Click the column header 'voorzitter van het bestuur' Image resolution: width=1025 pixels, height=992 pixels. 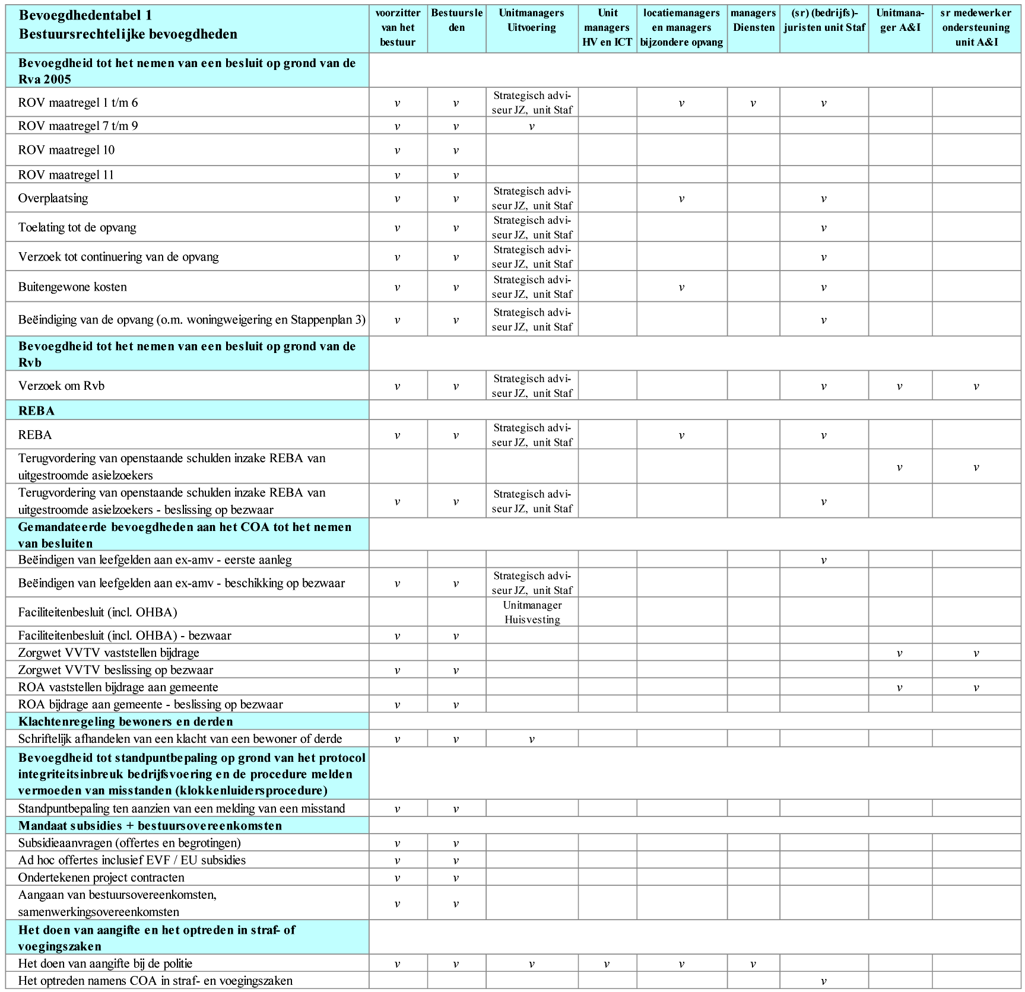(398, 27)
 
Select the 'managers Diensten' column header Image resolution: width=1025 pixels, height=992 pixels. (753, 20)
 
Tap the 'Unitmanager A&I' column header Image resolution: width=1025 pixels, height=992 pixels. (900, 20)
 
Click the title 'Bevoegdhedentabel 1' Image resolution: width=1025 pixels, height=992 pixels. (85, 15)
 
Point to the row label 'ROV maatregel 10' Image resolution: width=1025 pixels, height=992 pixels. (66, 150)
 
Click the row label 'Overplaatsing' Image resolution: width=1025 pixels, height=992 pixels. (53, 198)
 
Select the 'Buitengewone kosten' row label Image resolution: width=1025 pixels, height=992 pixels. (72, 287)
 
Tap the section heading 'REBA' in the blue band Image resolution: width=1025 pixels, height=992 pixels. (36, 411)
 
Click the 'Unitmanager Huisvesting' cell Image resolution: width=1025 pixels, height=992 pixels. (532, 612)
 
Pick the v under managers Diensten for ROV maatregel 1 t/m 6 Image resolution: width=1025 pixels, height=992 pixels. (753, 103)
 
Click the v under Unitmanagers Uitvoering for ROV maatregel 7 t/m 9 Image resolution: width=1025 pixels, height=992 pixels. (531, 126)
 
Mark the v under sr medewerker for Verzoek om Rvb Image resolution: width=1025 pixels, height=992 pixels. (976, 386)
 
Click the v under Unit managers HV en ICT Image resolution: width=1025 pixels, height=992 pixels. (607, 964)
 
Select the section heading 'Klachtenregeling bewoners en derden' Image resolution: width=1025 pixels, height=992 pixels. (126, 721)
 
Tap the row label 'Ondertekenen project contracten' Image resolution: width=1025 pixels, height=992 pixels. (101, 877)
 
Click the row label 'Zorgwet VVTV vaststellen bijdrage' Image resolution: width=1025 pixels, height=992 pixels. (109, 653)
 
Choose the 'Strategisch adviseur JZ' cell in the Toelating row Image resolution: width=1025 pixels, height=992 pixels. (532, 228)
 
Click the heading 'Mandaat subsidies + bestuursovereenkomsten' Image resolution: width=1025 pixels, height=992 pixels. (150, 826)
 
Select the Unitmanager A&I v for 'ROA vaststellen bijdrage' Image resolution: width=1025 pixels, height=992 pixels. (899, 688)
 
